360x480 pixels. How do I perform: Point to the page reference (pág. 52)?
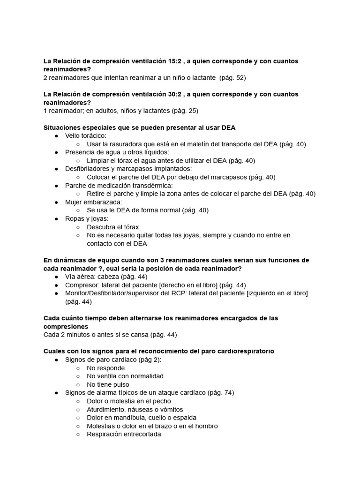click(x=232, y=77)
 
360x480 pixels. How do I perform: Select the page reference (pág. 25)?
click(x=185, y=111)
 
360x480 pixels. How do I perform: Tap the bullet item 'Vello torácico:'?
click(x=86, y=135)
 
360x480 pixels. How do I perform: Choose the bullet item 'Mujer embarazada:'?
click(x=93, y=202)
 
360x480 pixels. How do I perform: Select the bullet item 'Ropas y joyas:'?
click(x=87, y=218)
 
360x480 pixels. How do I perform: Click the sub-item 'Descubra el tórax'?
click(x=112, y=227)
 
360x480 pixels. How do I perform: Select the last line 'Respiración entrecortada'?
click(x=124, y=434)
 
